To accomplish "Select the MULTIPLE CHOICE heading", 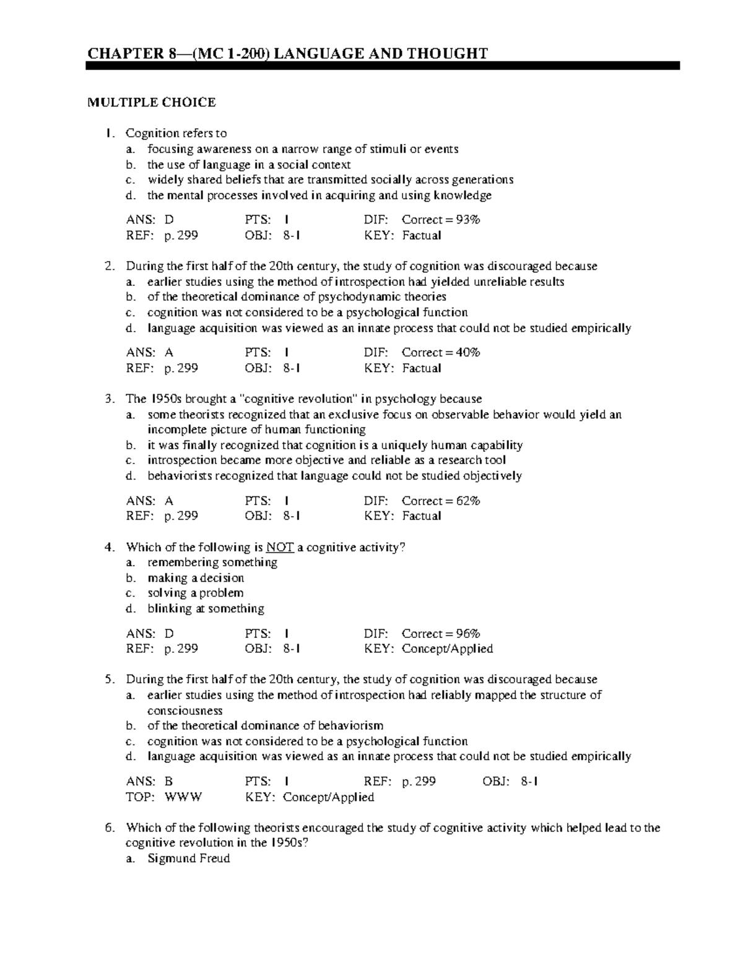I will pyautogui.click(x=151, y=103).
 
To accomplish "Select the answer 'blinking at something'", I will pyautogui.click(x=206, y=609).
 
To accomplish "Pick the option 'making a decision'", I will pyautogui.click(x=196, y=578).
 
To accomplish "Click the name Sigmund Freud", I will pyautogui.click(x=188, y=859).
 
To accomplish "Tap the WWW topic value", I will pyautogui.click(x=183, y=797).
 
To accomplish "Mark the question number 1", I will pyautogui.click(x=110, y=134).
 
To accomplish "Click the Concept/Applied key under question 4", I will pyautogui.click(x=447, y=649).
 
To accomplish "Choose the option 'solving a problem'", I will pyautogui.click(x=195, y=593).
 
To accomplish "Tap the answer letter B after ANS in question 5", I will pyautogui.click(x=168, y=782).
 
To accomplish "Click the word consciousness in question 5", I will pyautogui.click(x=185, y=711).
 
